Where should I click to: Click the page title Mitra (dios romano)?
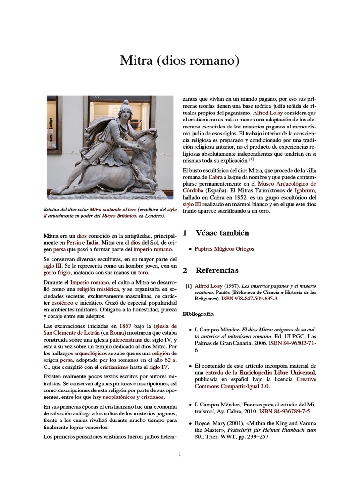180,60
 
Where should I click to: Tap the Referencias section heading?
217,270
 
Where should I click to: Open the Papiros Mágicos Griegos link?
225,249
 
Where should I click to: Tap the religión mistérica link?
97,290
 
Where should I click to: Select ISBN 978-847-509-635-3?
253,299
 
